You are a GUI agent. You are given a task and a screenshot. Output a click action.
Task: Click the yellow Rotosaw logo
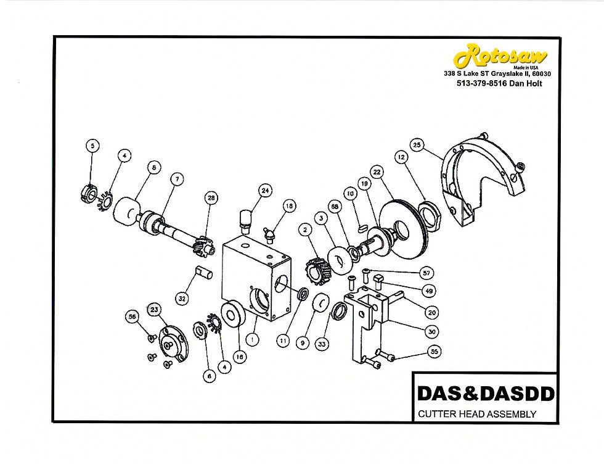(500, 56)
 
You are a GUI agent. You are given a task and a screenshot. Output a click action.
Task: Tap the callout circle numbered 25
(417, 145)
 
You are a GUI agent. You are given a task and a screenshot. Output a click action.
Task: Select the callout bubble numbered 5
(92, 146)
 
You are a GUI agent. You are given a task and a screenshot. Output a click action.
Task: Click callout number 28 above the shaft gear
(211, 198)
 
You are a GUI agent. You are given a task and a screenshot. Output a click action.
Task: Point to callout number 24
(265, 191)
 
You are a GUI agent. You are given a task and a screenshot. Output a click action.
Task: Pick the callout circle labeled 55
(434, 352)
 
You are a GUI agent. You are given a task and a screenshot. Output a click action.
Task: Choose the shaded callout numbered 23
(154, 309)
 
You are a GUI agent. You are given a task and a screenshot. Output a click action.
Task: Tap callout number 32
(182, 299)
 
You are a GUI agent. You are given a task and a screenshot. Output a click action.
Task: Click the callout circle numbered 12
(401, 157)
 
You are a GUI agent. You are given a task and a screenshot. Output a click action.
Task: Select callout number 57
(426, 273)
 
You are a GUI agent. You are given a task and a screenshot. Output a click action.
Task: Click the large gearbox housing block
(256, 279)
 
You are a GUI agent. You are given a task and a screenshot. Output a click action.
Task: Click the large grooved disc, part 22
(403, 231)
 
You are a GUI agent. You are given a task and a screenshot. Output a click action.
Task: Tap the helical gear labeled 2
(318, 270)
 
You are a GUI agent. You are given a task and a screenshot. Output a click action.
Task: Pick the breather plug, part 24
(246, 221)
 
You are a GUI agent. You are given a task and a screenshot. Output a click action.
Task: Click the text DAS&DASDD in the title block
(486, 394)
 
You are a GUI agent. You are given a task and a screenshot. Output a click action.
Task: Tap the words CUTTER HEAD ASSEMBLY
(477, 414)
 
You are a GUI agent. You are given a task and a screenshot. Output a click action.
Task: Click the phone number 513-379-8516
(482, 83)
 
